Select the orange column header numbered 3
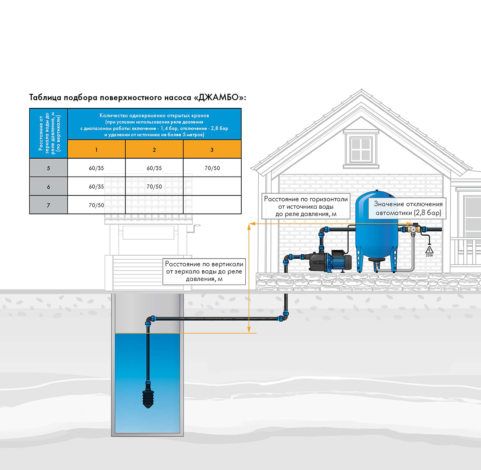[212, 149]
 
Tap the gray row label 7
[49, 205]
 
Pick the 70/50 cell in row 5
[212, 168]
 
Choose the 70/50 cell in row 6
[154, 186]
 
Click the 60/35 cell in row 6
[96, 186]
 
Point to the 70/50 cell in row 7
[96, 205]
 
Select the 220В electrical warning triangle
[429, 250]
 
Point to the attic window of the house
[361, 149]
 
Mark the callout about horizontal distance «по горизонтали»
[306, 206]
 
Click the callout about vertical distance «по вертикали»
[204, 271]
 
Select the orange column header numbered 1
[96, 149]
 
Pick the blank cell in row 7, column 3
[212, 205]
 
